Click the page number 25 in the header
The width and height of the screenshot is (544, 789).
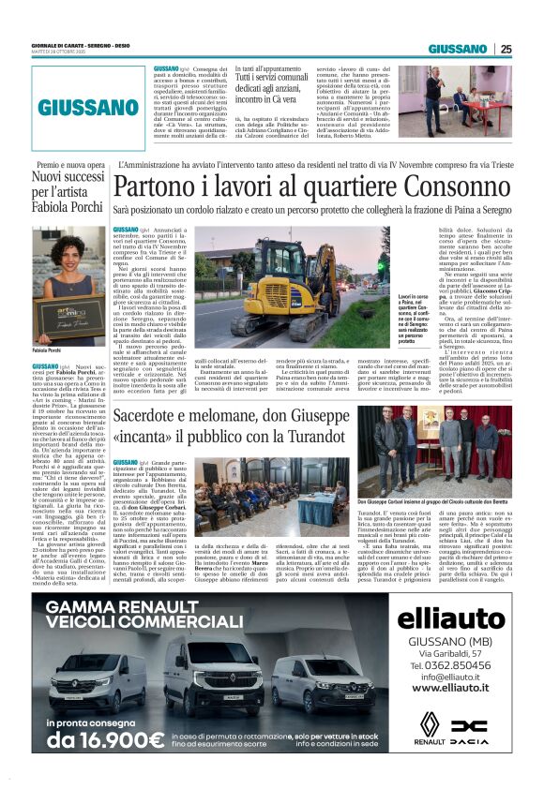coord(506,50)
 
